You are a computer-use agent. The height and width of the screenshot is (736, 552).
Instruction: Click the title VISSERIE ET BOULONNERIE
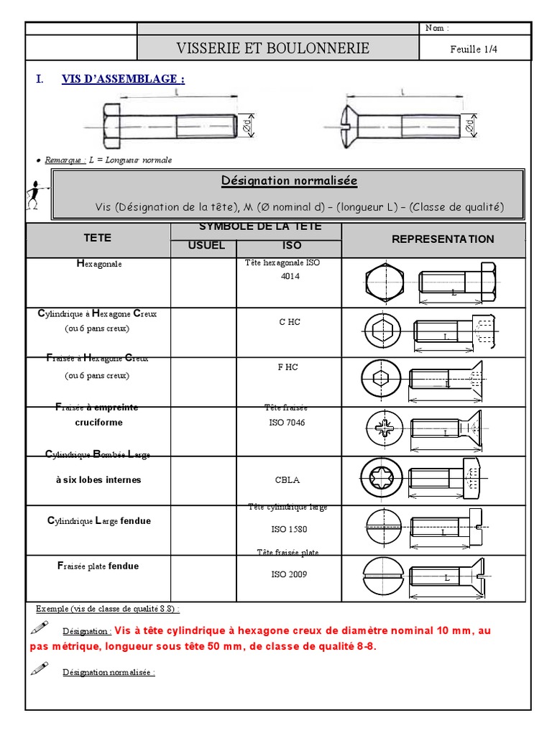pyautogui.click(x=273, y=49)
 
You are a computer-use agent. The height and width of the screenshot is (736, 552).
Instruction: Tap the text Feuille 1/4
pyautogui.click(x=474, y=49)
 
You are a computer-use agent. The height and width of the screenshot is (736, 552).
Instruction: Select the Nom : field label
pyautogui.click(x=436, y=28)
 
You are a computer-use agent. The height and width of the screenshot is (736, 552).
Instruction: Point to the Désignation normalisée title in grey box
pyautogui.click(x=299, y=181)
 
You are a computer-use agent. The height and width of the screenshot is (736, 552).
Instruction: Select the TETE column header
pyautogui.click(x=98, y=238)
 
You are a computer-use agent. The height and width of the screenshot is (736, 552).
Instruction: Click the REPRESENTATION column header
pyautogui.click(x=443, y=239)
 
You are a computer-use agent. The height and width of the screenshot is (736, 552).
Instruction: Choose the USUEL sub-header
pyautogui.click(x=206, y=246)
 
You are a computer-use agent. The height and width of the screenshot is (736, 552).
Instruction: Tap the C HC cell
pyautogui.click(x=290, y=322)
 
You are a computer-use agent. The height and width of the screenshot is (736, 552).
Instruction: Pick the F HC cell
pyautogui.click(x=288, y=367)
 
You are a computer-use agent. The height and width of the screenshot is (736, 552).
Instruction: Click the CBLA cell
pyautogui.click(x=288, y=480)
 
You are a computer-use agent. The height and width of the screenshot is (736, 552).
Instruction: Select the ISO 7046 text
pyautogui.click(x=288, y=423)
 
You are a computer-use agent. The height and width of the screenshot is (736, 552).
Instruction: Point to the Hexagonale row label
pyautogui.click(x=99, y=264)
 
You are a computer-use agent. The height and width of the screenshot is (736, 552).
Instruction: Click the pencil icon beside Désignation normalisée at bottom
pyautogui.click(x=40, y=669)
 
